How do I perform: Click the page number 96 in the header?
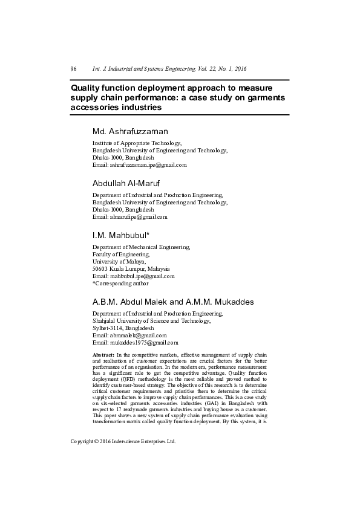pos(74,69)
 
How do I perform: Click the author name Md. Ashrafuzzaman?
pos(129,131)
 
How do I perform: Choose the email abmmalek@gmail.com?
pos(137,335)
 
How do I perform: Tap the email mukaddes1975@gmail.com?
pos(143,342)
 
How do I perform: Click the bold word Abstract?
pos(103,353)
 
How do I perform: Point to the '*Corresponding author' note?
pos(120,283)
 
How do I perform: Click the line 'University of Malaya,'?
pos(119,261)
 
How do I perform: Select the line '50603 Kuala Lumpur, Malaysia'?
pos(131,268)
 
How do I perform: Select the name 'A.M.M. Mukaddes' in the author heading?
pos(221,302)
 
